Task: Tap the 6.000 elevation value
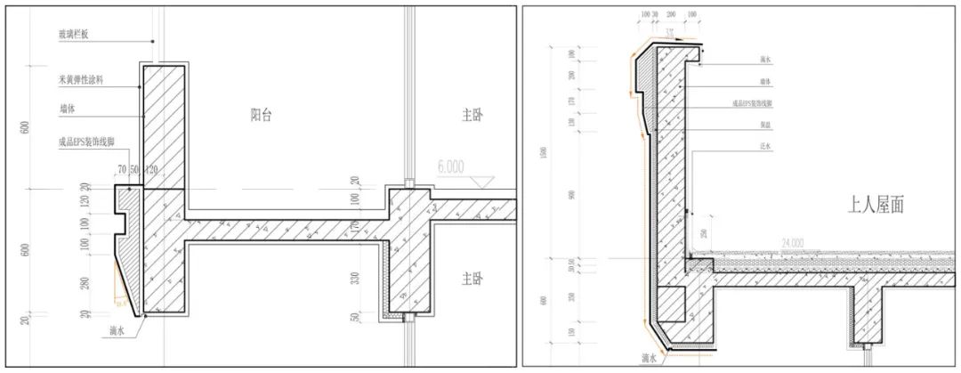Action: click(452, 166)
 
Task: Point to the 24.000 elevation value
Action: click(793, 241)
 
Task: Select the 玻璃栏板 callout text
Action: click(72, 34)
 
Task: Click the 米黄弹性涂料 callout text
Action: click(80, 80)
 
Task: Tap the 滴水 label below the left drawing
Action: click(116, 331)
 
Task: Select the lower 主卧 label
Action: click(474, 279)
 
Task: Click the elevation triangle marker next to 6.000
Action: click(484, 182)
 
